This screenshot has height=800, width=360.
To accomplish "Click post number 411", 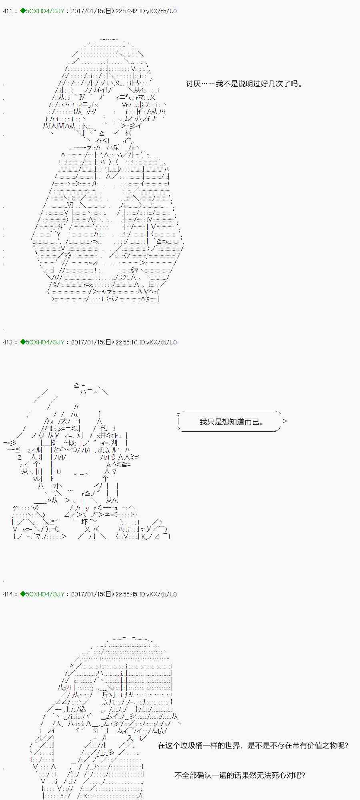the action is pyautogui.click(x=8, y=11).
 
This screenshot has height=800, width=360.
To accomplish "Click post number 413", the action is pyautogui.click(x=8, y=342).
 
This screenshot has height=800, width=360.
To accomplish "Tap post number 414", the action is pyautogui.click(x=8, y=594).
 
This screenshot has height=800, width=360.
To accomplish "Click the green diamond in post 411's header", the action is pyautogui.click(x=22, y=11).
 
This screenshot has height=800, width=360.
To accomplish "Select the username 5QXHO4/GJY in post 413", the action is pyautogui.click(x=45, y=342).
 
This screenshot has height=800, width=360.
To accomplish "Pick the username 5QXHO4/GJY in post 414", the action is pyautogui.click(x=45, y=594).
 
